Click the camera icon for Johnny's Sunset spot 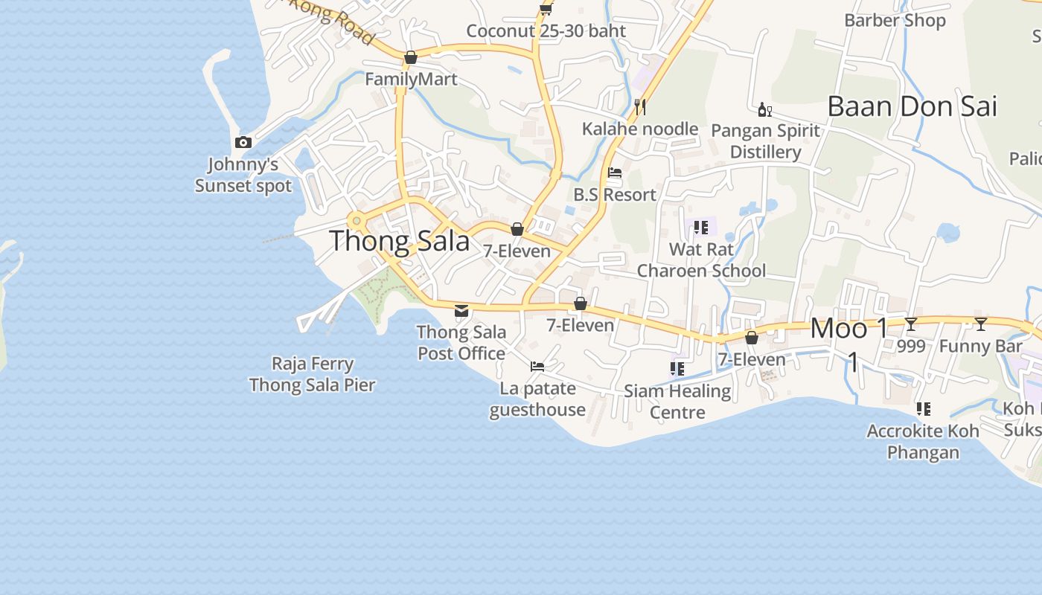[243, 142]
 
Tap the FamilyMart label [411, 79]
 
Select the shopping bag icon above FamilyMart [410, 57]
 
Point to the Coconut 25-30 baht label [546, 31]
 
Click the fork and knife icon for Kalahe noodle [639, 106]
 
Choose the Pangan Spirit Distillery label [765, 141]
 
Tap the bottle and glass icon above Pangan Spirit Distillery [764, 110]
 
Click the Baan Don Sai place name [912, 106]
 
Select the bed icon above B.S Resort [615, 173]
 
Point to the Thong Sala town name [400, 241]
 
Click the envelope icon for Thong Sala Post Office [461, 310]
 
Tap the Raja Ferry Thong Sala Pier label [313, 374]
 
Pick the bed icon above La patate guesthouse [537, 366]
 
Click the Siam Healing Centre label [677, 401]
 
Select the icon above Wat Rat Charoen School [700, 227]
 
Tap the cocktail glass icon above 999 [910, 324]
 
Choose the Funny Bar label [981, 346]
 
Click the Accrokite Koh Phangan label [923, 442]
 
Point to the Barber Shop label [895, 20]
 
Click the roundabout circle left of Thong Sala [357, 220]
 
